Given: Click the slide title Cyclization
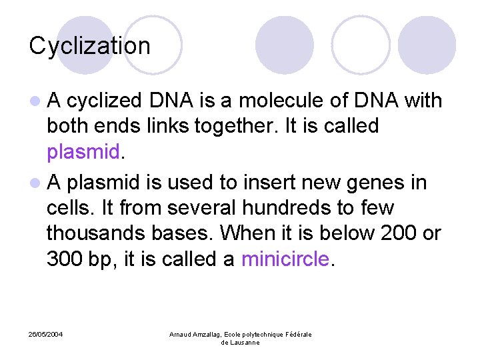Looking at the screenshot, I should click(90, 46).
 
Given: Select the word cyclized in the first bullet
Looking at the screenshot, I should click(104, 101).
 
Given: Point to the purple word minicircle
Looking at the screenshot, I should click(285, 259).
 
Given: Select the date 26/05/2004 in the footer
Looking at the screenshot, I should click(46, 334).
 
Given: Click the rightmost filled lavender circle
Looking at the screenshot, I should click(427, 45).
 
